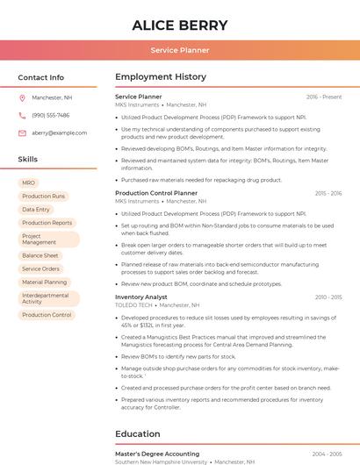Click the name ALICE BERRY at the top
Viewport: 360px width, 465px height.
click(x=179, y=25)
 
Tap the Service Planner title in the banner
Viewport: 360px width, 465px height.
click(x=179, y=51)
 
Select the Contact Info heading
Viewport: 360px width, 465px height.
click(x=41, y=77)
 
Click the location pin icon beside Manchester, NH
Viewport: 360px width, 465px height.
click(x=22, y=97)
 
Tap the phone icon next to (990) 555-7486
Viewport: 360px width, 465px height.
click(x=22, y=115)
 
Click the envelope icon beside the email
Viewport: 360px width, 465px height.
click(x=22, y=132)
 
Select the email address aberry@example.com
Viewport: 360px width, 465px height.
click(x=60, y=132)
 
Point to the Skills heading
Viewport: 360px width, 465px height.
click(x=28, y=160)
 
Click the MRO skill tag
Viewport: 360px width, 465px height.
click(x=29, y=182)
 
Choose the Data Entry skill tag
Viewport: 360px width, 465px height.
click(x=36, y=210)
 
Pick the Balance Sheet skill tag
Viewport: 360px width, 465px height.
click(x=40, y=255)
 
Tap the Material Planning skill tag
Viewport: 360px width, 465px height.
click(x=44, y=283)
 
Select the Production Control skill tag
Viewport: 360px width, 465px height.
click(x=47, y=315)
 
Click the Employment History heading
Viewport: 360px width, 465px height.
click(x=161, y=77)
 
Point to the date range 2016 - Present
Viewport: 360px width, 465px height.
click(x=324, y=97)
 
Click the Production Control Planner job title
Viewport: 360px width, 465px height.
click(x=156, y=193)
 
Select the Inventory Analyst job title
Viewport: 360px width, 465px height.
click(x=141, y=297)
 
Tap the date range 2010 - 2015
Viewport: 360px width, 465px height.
click(x=328, y=297)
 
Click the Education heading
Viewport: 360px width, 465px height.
click(x=138, y=433)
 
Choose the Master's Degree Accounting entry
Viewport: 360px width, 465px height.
click(x=157, y=454)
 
